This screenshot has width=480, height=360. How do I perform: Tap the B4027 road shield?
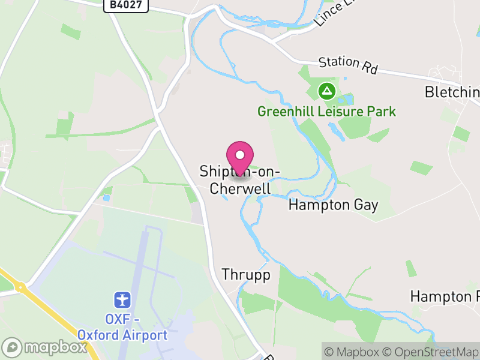125,5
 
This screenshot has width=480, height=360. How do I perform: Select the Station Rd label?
348,65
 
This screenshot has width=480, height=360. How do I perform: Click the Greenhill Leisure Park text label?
326,112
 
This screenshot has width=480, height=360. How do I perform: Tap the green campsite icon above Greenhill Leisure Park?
326,91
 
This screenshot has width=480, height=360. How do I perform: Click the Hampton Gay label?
333,205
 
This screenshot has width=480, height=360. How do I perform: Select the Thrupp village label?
246,275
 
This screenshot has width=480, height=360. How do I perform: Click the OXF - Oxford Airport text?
122,327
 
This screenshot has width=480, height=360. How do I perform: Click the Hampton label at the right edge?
444,296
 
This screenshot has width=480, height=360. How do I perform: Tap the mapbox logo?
46,347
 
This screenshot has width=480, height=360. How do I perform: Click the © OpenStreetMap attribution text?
432,352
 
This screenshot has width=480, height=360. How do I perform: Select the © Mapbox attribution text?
355,352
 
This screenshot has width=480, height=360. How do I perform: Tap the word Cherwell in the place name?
240,188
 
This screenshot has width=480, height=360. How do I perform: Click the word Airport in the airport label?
145,334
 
